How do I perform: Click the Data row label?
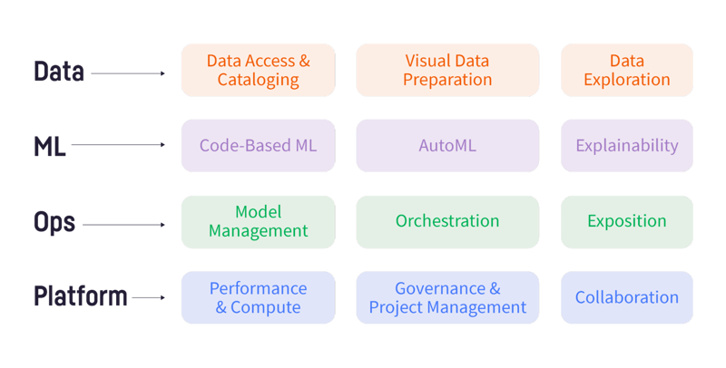[59, 72]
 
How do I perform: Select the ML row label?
[50, 147]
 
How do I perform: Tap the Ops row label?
[54, 222]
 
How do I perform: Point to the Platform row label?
[81, 295]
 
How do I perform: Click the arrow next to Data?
[128, 73]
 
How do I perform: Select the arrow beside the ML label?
[118, 145]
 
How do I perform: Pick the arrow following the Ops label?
[123, 225]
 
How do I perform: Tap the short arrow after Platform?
[149, 297]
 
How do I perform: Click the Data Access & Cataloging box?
[259, 71]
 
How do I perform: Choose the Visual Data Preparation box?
[447, 71]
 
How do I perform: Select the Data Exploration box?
[627, 71]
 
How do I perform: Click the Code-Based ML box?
[259, 146]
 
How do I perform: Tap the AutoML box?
[447, 146]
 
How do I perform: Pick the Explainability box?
[627, 146]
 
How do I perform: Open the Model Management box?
[259, 222]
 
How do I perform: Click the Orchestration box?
[447, 222]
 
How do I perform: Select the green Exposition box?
[627, 222]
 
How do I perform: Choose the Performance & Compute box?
[259, 297]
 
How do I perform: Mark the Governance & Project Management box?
[447, 297]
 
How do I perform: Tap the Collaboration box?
[627, 297]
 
